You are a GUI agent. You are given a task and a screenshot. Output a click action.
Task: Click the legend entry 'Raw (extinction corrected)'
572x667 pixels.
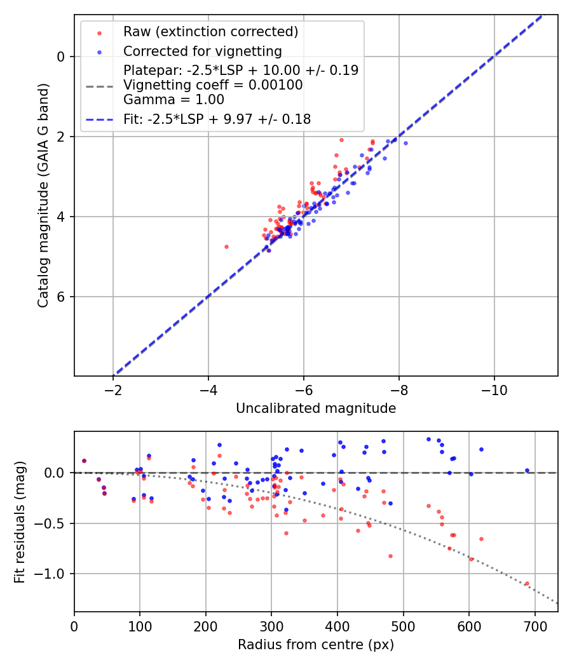[x=210, y=32]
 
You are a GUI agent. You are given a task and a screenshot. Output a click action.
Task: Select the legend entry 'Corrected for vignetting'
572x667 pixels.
[x=202, y=51]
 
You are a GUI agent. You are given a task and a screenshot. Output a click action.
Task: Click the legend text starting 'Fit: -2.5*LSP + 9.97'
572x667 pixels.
[x=217, y=119]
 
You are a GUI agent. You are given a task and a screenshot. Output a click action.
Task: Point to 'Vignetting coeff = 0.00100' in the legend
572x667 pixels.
[x=213, y=85]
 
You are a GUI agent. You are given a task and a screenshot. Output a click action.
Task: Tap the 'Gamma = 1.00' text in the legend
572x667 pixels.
[x=174, y=100]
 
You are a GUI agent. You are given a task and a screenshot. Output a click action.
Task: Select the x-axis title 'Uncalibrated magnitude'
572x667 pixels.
[x=316, y=408]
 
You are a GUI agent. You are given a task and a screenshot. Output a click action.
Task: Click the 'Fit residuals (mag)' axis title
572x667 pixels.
[x=20, y=522]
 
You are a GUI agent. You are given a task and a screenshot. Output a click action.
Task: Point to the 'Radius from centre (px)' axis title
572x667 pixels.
[x=316, y=645]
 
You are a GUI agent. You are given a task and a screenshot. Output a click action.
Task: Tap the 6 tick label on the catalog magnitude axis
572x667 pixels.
[x=61, y=297]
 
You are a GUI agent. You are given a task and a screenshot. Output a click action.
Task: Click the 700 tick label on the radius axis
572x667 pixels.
[x=535, y=626]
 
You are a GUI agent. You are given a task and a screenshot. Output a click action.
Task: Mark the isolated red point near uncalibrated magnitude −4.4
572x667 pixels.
[x=226, y=246]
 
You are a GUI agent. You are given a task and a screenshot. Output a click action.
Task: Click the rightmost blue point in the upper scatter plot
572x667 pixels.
[x=405, y=143]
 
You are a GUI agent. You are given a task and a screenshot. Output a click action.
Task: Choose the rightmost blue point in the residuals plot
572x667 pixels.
[x=527, y=470]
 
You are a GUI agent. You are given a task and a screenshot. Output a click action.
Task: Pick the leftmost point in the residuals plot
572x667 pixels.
[x=84, y=461]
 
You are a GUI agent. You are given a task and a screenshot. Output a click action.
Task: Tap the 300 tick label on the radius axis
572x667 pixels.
[x=271, y=626]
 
